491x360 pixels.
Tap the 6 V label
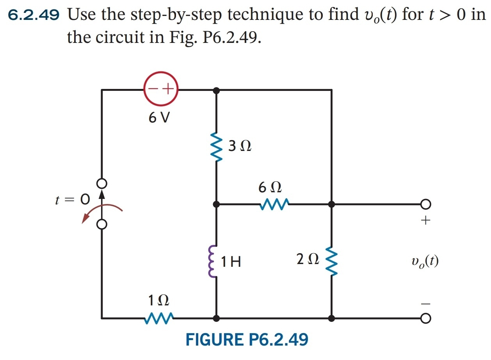tap(159, 118)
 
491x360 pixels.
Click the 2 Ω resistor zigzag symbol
tap(331, 260)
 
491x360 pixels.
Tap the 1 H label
tap(231, 262)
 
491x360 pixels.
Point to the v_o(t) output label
tap(425, 261)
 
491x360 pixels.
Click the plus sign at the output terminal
tap(425, 221)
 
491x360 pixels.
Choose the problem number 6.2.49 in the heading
tap(34, 15)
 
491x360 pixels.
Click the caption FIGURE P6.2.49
tap(247, 340)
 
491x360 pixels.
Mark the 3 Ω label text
tap(240, 146)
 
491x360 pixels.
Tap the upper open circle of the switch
tap(102, 183)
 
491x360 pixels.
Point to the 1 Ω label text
tap(158, 301)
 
